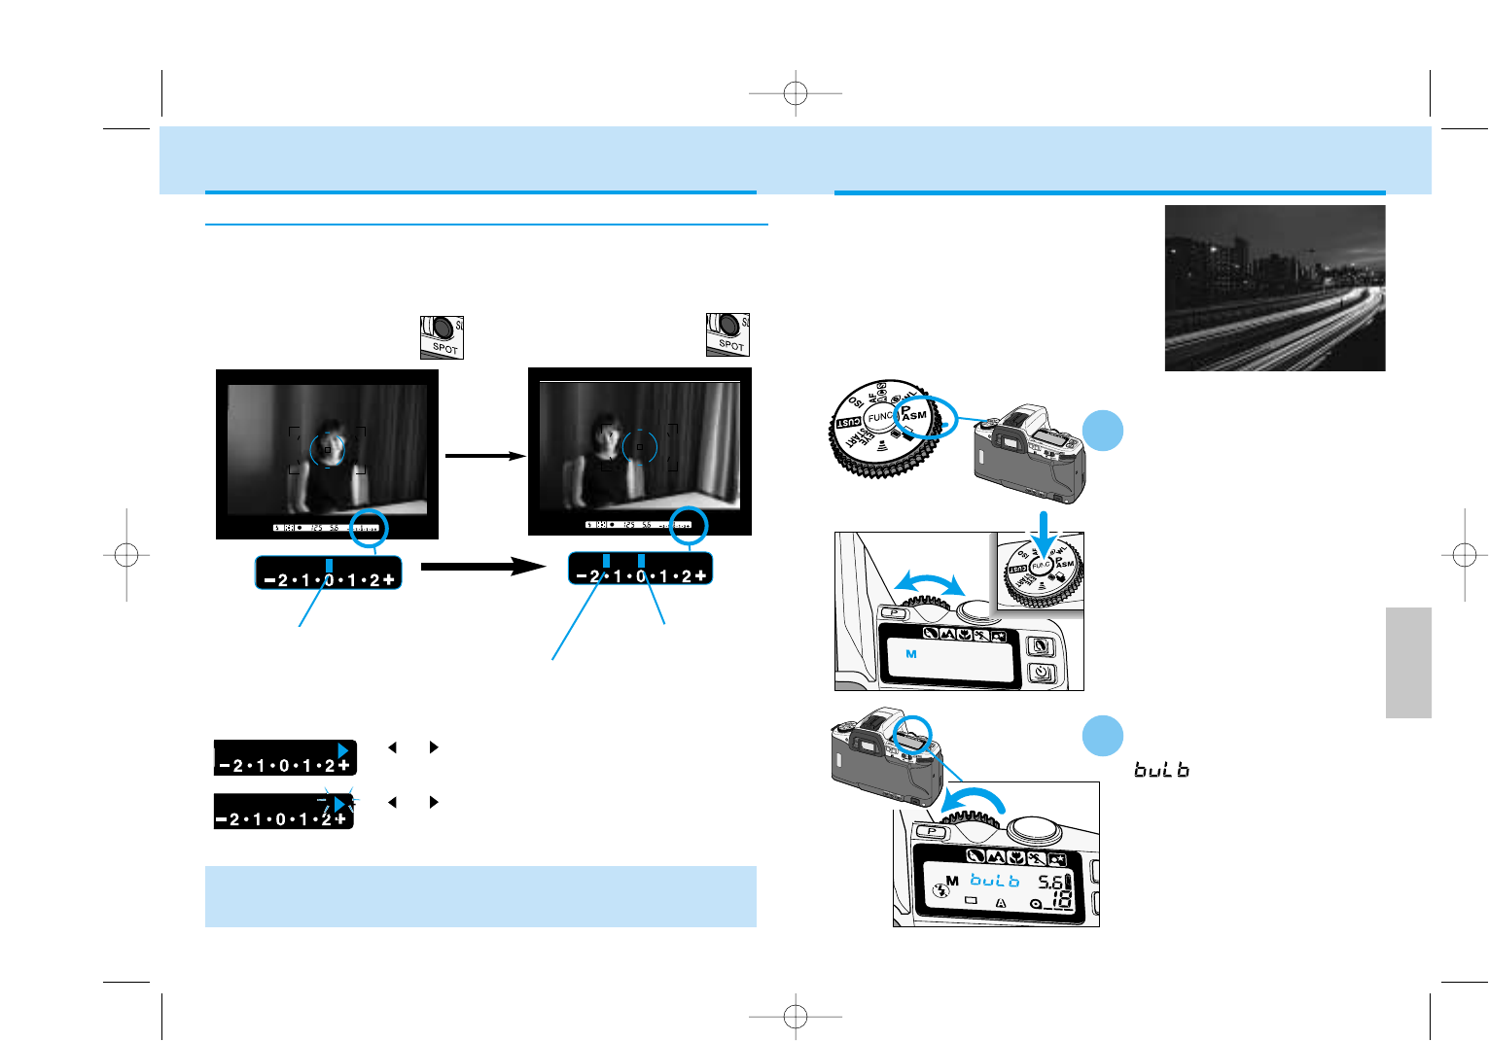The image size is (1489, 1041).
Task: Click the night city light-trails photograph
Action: (1274, 288)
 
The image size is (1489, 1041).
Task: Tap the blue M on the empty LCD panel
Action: (911, 654)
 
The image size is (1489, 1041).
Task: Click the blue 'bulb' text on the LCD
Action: (994, 881)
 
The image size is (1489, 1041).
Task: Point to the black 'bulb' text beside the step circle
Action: (1161, 770)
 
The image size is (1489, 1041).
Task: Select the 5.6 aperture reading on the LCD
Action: (1051, 883)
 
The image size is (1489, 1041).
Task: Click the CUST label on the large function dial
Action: (849, 424)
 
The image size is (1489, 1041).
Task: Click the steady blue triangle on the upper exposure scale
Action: (342, 750)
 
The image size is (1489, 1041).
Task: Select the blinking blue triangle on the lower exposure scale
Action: (338, 804)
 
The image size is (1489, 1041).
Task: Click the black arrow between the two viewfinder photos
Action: (484, 455)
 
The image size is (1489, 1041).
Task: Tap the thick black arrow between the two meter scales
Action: (482, 566)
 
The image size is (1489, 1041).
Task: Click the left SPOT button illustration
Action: (442, 336)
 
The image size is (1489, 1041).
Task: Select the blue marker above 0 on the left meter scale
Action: (330, 566)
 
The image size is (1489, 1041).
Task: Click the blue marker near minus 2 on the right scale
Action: (606, 561)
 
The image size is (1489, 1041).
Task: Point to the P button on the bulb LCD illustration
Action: (931, 832)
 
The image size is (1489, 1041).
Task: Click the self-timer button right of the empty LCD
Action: (1042, 673)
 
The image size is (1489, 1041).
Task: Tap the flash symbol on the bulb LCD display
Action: (939, 888)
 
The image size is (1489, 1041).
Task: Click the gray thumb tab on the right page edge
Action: (1408, 663)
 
